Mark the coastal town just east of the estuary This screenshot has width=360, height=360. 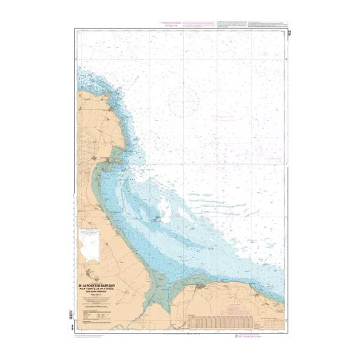click(199, 283)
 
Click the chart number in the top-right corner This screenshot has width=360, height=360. click(285, 32)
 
